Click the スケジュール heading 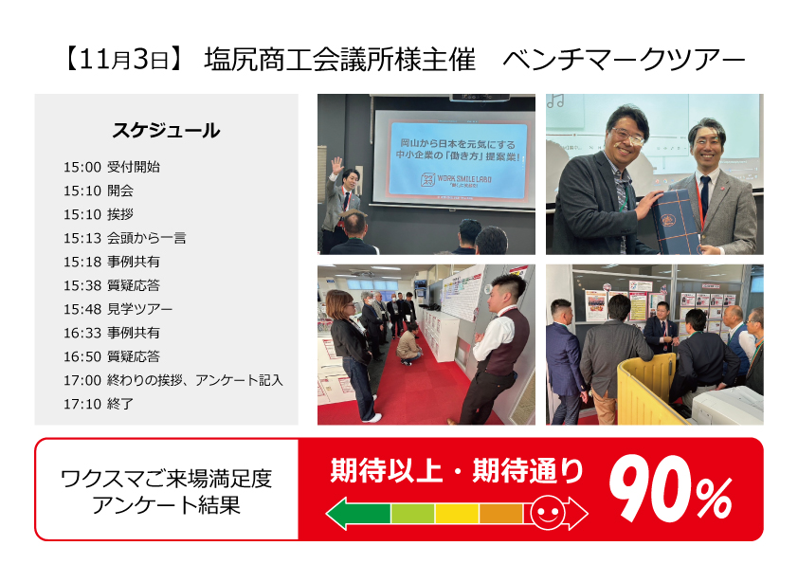[x=166, y=131]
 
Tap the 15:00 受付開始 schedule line [x=112, y=167]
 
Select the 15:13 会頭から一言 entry [x=125, y=238]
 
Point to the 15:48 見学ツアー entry [x=118, y=309]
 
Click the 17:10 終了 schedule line [x=99, y=404]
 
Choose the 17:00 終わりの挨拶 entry [x=173, y=380]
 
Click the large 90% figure [x=671, y=489]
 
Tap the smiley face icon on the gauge [x=548, y=512]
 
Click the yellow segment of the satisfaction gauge [x=457, y=513]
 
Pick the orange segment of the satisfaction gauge [x=500, y=513]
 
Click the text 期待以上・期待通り [x=457, y=470]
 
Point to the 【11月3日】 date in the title [x=123, y=60]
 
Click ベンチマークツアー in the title [x=623, y=60]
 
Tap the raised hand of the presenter [x=336, y=166]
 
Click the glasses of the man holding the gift [x=627, y=135]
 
